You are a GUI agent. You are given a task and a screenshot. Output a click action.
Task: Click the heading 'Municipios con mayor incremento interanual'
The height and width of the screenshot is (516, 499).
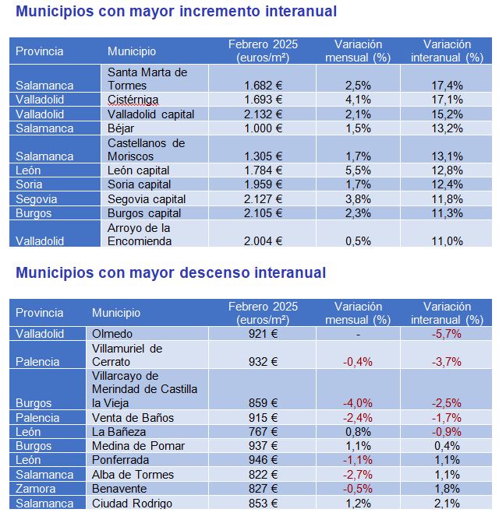176,12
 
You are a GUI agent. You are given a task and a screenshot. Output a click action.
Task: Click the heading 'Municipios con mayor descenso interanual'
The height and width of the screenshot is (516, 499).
171,273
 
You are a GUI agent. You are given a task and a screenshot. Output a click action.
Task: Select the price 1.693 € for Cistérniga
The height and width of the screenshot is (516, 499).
263,100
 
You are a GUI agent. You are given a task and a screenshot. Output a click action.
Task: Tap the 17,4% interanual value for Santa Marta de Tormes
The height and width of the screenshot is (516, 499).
447,85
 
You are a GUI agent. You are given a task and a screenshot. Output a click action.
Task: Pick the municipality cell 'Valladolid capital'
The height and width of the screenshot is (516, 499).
151,114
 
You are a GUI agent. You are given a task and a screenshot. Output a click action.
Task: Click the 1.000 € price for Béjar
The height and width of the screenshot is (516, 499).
263,128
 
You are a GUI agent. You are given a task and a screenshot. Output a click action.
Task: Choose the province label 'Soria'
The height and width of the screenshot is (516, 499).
30,184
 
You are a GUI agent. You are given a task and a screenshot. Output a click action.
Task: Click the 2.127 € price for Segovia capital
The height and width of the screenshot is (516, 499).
263,198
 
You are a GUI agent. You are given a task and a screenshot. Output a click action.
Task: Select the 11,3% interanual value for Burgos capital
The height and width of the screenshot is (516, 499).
447,213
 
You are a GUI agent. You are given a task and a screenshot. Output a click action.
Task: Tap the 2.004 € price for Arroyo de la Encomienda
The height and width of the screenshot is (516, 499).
263,241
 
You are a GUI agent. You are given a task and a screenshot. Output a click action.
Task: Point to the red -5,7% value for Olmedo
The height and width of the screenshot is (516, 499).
447,333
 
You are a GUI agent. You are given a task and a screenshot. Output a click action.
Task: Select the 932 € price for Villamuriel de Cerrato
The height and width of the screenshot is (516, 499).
263,362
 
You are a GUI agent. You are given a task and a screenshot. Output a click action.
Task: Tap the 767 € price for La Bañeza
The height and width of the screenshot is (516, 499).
263,432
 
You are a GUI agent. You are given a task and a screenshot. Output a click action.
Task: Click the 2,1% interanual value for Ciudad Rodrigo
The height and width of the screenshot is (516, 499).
447,504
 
